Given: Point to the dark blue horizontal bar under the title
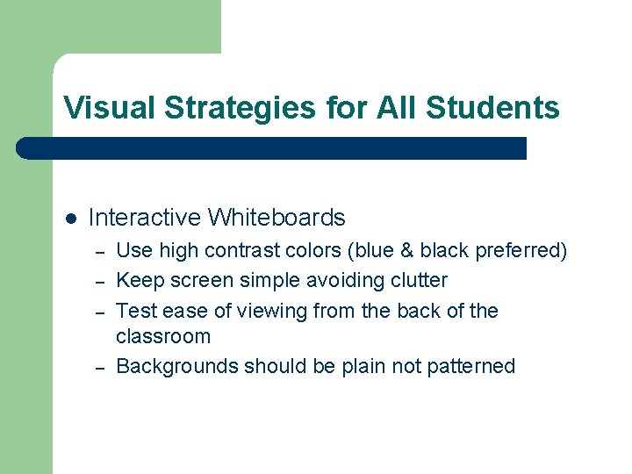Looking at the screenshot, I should coord(272,147).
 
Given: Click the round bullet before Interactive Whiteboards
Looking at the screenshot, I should coord(69,218).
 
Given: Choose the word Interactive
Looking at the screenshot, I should coord(145,218).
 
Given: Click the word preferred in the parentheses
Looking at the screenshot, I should coord(521,251).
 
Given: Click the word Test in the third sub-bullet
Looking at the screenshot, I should coord(134,311).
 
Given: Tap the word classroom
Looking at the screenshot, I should coord(163,336).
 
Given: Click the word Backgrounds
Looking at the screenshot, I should coord(177,366).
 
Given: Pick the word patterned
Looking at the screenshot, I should coord(472,366).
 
